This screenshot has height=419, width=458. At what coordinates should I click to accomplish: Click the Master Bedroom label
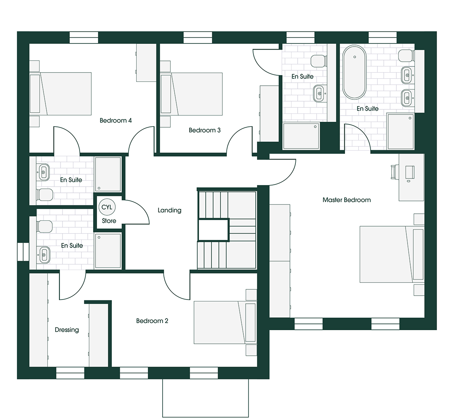click(347, 200)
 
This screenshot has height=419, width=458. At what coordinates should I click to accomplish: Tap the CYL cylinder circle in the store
click(107, 207)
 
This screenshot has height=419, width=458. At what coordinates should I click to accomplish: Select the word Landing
click(169, 210)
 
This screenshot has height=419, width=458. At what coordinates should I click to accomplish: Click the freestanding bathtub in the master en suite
click(354, 73)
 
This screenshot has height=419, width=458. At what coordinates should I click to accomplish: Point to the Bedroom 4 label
click(116, 120)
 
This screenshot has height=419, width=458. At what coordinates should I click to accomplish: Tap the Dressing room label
click(67, 330)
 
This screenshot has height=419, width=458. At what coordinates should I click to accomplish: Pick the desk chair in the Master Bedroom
click(394, 172)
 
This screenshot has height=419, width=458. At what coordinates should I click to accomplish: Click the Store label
click(109, 221)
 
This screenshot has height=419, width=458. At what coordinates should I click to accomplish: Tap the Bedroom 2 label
click(152, 321)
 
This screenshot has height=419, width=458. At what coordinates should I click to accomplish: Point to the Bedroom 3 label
click(205, 130)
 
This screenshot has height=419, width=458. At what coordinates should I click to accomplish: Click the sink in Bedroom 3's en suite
click(319, 93)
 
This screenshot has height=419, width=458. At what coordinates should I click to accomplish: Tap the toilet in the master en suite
click(406, 55)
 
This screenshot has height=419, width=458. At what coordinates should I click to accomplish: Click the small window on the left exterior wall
click(23, 252)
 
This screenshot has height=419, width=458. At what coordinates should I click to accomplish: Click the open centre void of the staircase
click(213, 230)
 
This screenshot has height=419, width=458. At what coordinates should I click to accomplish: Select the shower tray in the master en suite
click(401, 132)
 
